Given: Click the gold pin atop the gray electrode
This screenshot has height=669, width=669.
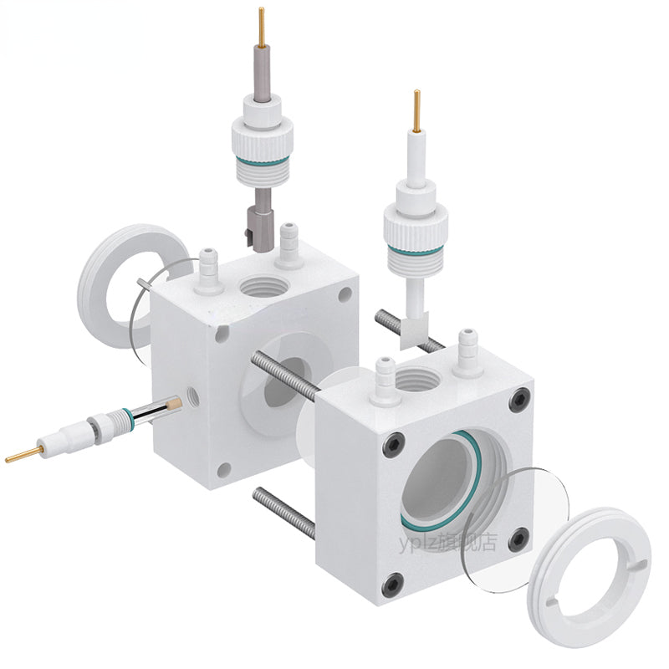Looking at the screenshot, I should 262,24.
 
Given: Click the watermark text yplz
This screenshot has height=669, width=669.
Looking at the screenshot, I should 416,543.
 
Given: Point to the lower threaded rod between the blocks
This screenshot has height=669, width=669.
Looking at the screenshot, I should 284,512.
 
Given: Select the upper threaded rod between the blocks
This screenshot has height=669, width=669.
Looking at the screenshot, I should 284,369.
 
